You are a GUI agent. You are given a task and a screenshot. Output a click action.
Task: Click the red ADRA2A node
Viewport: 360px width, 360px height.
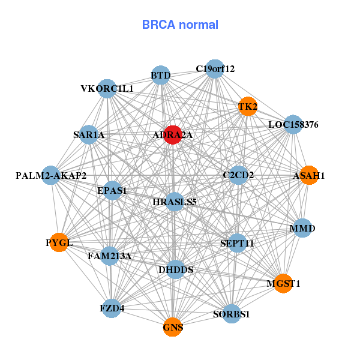click(x=173, y=135)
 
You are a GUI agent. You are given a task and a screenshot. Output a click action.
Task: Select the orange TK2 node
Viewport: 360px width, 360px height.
click(x=248, y=106)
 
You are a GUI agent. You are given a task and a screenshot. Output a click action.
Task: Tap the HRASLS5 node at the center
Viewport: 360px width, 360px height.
click(x=175, y=202)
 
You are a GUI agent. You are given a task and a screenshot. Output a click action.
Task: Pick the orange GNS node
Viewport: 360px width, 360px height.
click(x=173, y=327)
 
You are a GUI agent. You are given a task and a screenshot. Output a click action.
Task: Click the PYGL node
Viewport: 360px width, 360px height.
click(x=59, y=242)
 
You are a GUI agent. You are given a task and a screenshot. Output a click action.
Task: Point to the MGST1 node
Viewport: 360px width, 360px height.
click(x=283, y=283)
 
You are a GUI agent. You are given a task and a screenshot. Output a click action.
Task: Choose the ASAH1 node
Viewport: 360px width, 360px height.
click(x=308, y=175)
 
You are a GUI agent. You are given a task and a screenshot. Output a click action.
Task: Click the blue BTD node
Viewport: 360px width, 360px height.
click(x=161, y=75)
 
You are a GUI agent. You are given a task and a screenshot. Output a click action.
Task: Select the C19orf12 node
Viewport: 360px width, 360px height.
click(x=215, y=68)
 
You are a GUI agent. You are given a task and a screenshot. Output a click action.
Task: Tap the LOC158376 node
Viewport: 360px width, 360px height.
click(x=293, y=125)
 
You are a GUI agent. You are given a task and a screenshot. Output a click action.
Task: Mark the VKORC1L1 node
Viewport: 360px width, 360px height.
click(x=107, y=89)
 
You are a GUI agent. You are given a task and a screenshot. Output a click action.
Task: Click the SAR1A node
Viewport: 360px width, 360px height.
click(x=89, y=135)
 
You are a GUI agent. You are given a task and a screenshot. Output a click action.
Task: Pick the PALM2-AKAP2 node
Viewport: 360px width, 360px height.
click(x=51, y=175)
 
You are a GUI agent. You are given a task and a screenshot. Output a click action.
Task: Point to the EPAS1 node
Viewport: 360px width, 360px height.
click(x=112, y=191)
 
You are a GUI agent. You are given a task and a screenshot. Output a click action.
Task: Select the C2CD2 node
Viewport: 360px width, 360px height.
click(x=238, y=175)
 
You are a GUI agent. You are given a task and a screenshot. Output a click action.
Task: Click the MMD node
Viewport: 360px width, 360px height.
click(x=302, y=228)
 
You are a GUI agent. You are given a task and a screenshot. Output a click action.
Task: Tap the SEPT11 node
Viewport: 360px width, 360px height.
click(x=238, y=243)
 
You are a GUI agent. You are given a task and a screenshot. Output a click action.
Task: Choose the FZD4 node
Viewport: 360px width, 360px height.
click(x=112, y=308)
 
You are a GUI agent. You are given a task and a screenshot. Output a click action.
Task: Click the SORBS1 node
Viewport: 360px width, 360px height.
click(x=232, y=313)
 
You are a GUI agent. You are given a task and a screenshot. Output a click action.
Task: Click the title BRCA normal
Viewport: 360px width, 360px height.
click(x=180, y=25)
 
